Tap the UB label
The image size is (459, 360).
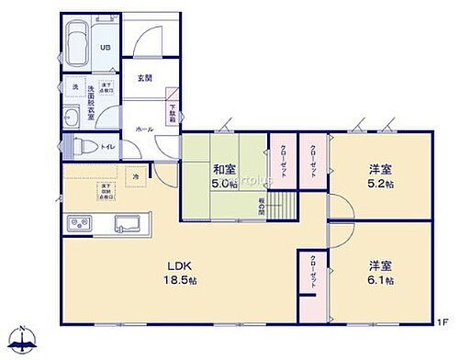[x=105, y=48]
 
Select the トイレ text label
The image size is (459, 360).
[x=107, y=146]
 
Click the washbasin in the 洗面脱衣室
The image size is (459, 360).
[x=73, y=116]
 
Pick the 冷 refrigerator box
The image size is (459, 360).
[x=134, y=176]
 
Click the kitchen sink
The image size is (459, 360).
[x=126, y=223]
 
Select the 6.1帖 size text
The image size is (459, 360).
[x=380, y=281]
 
